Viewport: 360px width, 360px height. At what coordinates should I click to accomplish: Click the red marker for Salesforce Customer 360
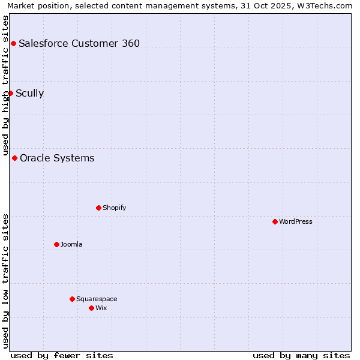coord(13,43)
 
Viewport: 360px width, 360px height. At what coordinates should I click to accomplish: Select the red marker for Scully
coord(10,93)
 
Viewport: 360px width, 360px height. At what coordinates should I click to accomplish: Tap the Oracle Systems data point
coord(14,158)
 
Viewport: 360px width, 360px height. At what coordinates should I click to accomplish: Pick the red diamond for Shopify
coord(98,208)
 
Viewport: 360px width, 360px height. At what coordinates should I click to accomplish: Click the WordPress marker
coord(275,221)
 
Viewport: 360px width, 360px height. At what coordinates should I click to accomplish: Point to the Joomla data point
coord(56,244)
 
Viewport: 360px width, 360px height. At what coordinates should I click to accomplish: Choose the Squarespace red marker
coord(72,299)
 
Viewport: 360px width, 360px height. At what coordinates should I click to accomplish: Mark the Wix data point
coord(91,308)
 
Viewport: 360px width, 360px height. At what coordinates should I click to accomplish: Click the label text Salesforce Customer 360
coord(79,43)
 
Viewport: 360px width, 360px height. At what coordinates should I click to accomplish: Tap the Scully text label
coord(29,93)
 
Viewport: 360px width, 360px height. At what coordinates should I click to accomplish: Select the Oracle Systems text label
coord(57,158)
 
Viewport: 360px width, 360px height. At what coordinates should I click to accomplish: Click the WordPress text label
coord(296,221)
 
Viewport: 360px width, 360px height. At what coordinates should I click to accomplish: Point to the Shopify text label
coord(114,208)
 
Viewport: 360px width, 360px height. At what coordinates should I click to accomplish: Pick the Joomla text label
coord(71,244)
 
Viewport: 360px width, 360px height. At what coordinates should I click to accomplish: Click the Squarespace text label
coord(97,299)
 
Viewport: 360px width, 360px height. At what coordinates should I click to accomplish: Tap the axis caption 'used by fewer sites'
coord(62,355)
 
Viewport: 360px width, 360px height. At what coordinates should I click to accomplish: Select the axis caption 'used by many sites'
coord(301,355)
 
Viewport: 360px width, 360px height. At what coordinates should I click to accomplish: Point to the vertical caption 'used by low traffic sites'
coord(5,281)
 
